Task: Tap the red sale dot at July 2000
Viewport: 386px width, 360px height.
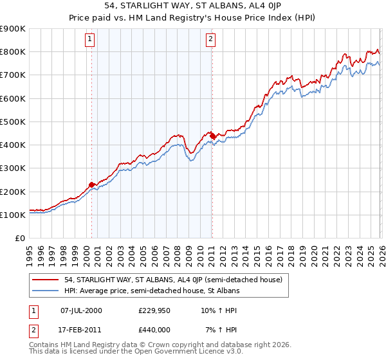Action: pyautogui.click(x=92, y=184)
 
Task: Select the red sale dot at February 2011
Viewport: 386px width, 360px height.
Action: pyautogui.click(x=212, y=136)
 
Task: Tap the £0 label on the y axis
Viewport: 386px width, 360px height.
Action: pyautogui.click(x=19, y=238)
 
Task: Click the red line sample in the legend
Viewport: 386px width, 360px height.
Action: pyautogui.click(x=46, y=280)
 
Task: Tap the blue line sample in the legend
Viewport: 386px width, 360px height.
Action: pyautogui.click(x=46, y=291)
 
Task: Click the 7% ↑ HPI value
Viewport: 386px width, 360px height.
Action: pyautogui.click(x=216, y=329)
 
